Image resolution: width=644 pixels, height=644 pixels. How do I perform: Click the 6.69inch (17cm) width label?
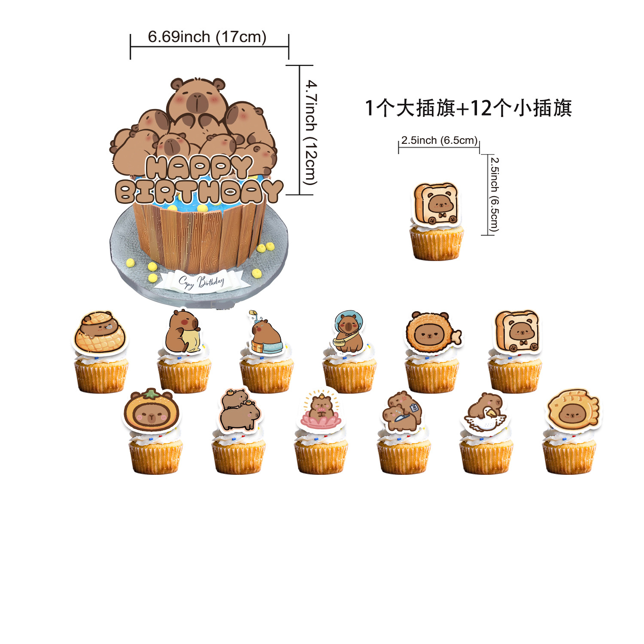coord(207,37)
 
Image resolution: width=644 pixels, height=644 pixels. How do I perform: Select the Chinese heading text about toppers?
coord(468,108)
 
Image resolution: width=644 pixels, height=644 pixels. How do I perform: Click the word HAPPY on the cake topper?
coord(198,167)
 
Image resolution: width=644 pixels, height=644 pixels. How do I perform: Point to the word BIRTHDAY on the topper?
coord(198,191)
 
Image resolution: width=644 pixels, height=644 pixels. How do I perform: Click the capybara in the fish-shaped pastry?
coord(572,410)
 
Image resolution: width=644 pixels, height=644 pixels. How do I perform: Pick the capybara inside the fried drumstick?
coord(431,332)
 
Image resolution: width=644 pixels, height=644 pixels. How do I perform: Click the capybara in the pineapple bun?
coord(100,332)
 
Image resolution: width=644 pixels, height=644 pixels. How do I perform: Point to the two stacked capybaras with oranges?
coord(239,410)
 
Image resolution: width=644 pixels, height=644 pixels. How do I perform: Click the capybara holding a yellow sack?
coord(182,332)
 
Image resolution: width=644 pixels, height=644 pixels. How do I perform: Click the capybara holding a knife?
coord(402,411)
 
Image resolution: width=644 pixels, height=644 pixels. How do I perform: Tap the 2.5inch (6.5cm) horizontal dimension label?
coord(439,140)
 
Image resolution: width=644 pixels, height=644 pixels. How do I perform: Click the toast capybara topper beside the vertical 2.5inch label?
coord(436,204)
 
